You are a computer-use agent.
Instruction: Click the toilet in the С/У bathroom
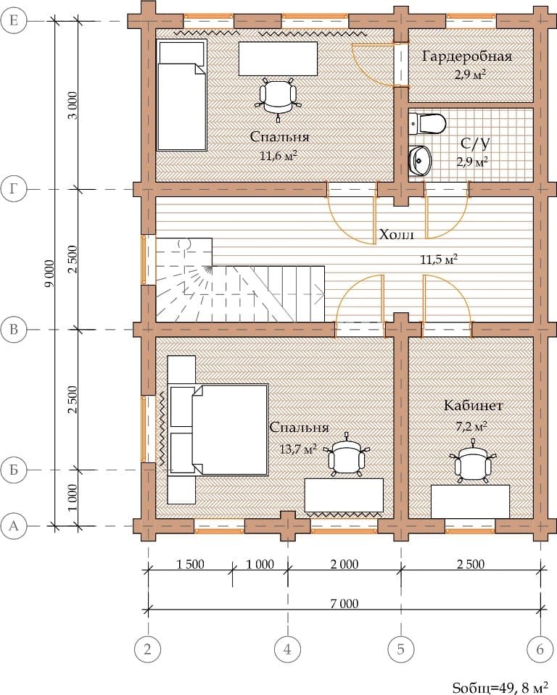427,124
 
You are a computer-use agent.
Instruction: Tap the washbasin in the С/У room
419,160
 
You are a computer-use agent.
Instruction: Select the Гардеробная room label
467,57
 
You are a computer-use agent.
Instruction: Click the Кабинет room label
473,405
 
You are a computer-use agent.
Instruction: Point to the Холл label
397,234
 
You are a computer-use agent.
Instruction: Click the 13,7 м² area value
298,449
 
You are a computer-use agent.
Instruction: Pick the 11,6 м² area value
278,156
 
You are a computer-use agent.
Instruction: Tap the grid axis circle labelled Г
14,189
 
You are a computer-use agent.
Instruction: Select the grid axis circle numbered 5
401,649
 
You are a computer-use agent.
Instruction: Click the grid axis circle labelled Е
14,20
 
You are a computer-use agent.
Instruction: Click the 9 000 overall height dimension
49,273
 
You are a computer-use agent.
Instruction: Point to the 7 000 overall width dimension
344,603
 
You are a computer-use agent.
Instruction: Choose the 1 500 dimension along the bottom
190,565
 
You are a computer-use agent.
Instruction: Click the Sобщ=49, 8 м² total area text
500,687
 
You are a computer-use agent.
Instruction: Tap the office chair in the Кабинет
473,462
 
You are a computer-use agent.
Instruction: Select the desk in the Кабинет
470,502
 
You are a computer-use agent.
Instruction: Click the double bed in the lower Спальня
218,430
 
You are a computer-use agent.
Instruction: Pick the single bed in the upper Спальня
182,95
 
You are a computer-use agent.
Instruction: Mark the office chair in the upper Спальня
278,99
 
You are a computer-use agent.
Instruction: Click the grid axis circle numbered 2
147,649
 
